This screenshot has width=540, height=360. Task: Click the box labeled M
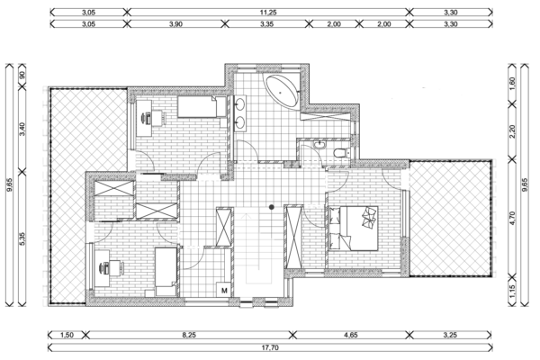pos(223,290)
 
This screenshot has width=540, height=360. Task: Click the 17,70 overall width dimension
pos(270,346)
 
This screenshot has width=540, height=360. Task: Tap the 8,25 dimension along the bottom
pos(189,334)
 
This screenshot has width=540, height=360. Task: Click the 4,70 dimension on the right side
pos(512,216)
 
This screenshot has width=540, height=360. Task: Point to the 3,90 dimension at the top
pos(175,25)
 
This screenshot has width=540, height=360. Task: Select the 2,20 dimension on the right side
pos(512,130)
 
